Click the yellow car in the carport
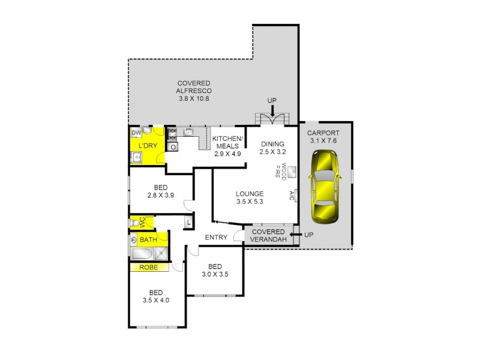[323, 186]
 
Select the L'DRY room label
[147, 146]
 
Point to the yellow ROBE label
[149, 268]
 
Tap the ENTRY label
[216, 237]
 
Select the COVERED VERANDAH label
[268, 236]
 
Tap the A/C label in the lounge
[292, 196]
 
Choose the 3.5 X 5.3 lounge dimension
[250, 202]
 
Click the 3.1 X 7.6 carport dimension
[323, 141]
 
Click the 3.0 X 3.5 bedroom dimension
[215, 275]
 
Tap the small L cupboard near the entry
[188, 222]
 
